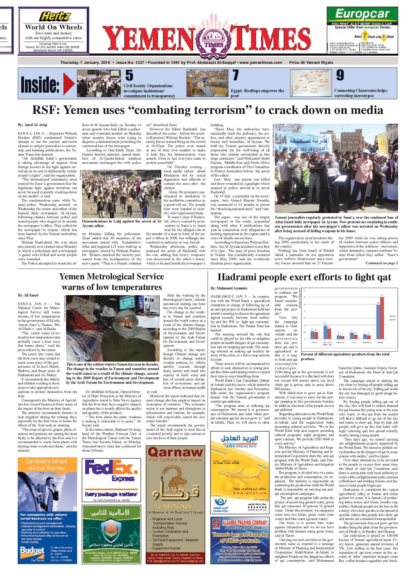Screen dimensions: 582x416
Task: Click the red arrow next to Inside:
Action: point(69,83)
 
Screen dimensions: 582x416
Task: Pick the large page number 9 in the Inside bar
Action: point(340,75)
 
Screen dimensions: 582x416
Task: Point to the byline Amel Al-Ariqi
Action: point(33,125)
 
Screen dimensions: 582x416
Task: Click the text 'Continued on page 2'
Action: point(381,263)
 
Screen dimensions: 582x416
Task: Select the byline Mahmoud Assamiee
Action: point(229,288)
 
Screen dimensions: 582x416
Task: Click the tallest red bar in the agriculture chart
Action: point(382,318)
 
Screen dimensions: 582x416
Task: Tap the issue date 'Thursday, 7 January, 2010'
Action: point(85,62)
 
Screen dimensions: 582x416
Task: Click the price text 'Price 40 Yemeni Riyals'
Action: point(311,62)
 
